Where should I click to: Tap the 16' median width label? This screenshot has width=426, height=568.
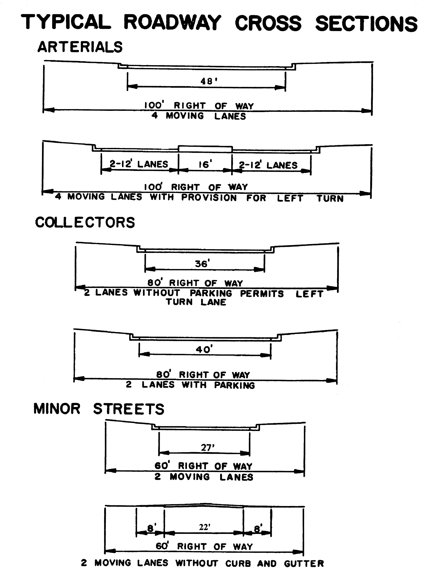coord(205,164)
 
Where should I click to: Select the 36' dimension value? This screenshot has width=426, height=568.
coord(202,264)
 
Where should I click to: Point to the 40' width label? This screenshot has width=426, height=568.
coord(204,349)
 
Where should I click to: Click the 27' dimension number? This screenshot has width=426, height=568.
coord(208,448)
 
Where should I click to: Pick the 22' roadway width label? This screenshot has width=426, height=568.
coord(205,527)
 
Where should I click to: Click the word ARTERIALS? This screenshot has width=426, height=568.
coord(80,47)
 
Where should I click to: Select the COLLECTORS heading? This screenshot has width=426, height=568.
coord(85,222)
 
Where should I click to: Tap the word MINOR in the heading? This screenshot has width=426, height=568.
coord(57,409)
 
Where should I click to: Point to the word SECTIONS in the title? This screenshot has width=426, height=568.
coord(366,24)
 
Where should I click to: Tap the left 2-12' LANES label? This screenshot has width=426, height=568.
coord(139,164)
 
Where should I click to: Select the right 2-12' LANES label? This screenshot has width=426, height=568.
coord(268,165)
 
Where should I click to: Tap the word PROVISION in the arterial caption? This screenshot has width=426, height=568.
coord(209,197)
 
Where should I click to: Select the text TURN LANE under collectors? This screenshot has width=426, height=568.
coord(196,302)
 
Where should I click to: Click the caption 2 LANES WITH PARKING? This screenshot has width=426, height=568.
coord(190,385)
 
